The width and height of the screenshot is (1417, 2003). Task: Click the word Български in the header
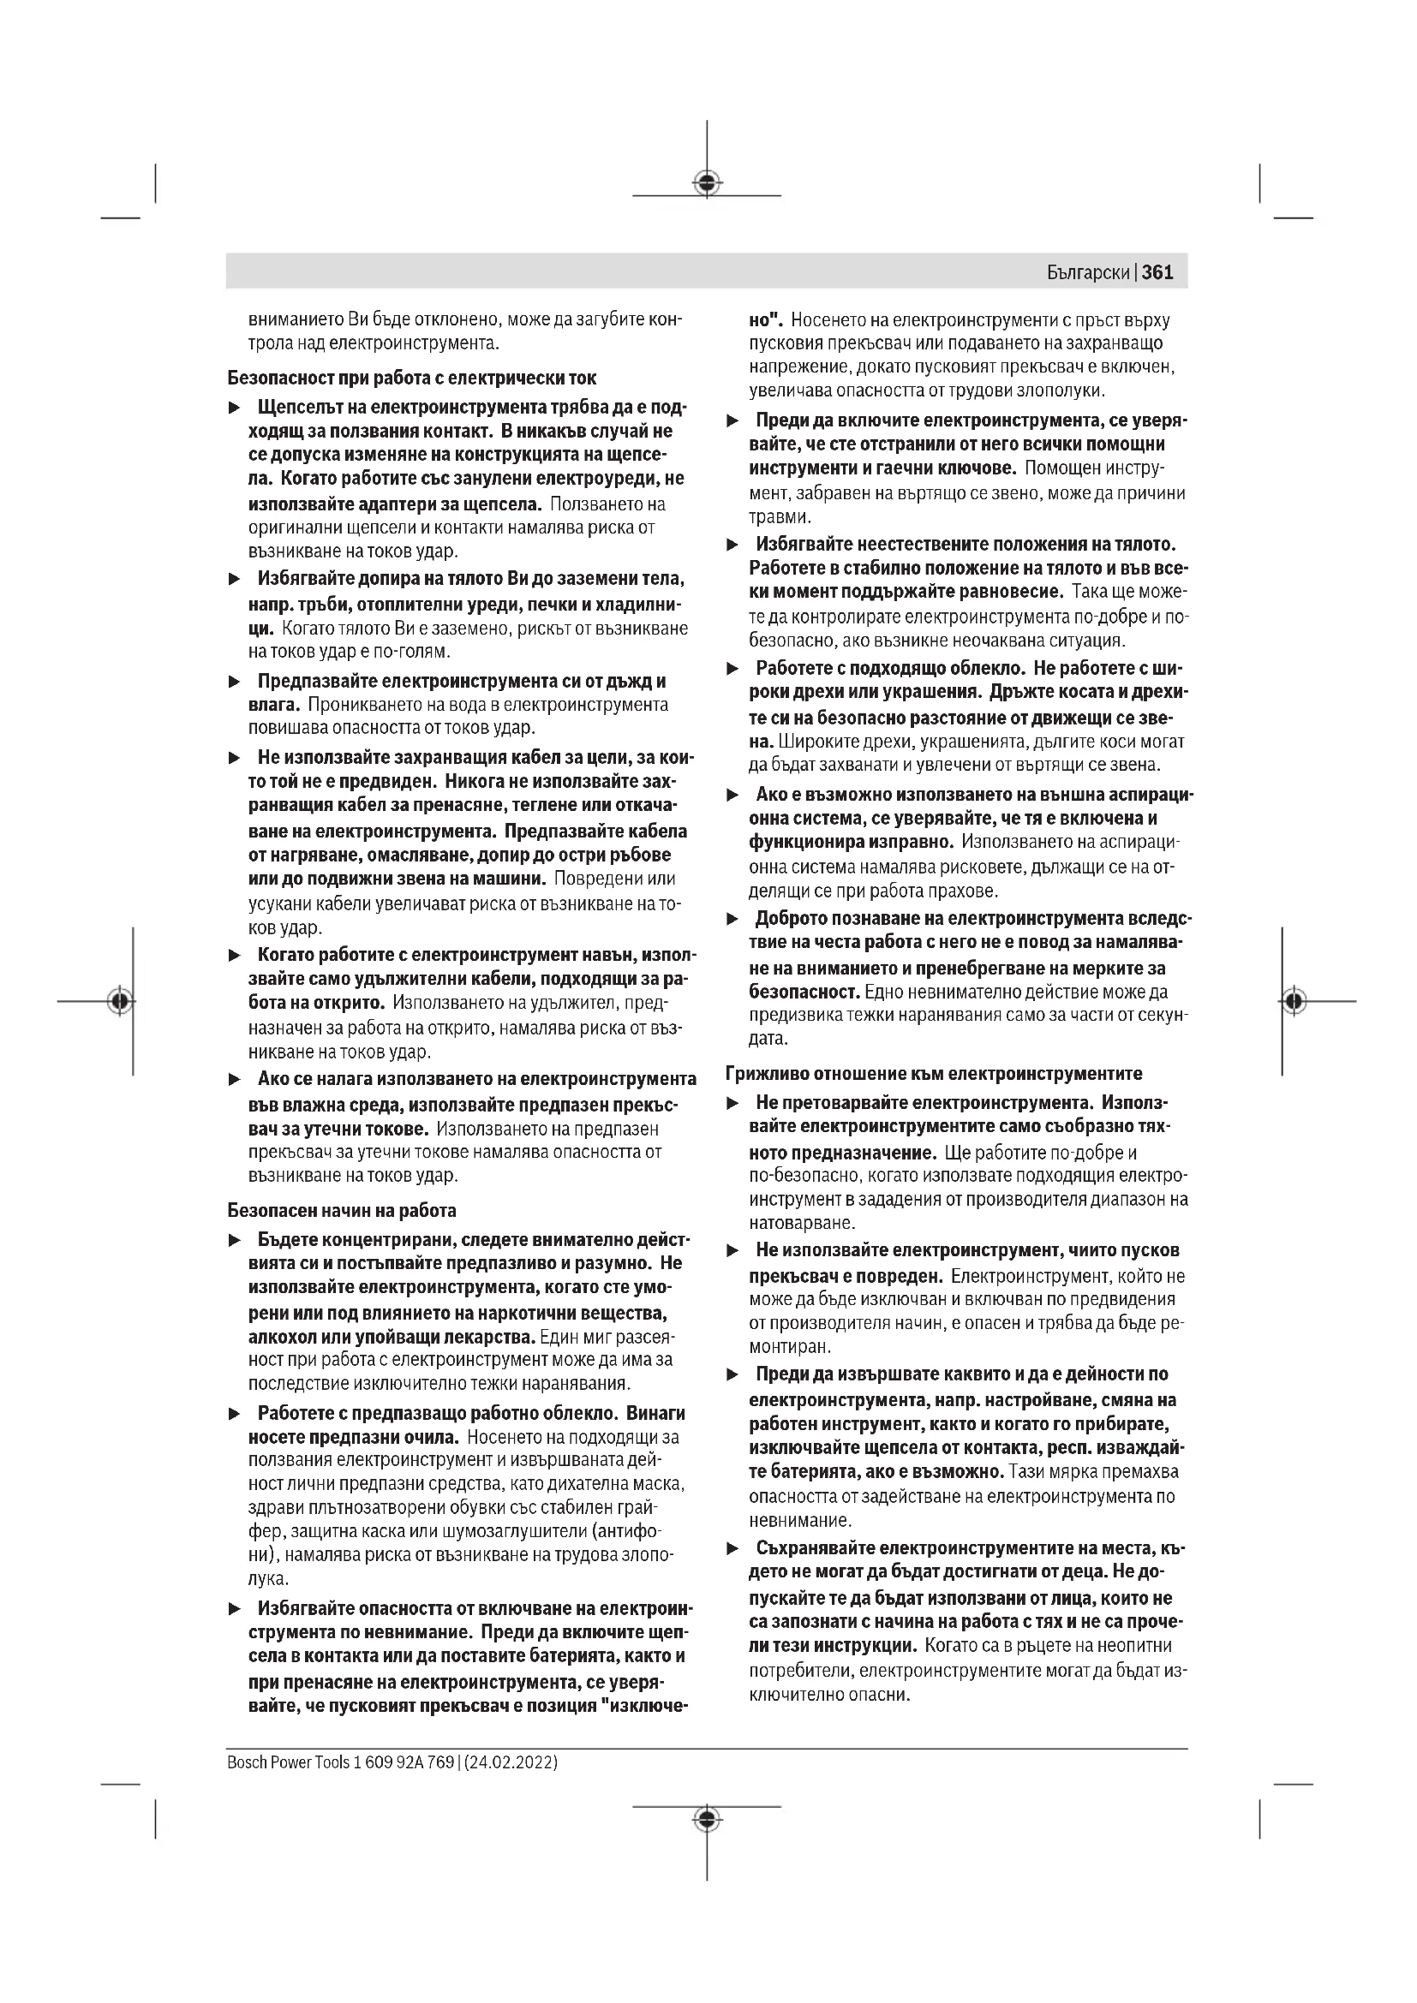(1088, 273)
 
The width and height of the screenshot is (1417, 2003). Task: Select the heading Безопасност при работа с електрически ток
(412, 378)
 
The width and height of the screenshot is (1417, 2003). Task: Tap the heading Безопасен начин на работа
(341, 1210)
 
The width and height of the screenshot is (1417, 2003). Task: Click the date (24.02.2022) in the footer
(511, 1762)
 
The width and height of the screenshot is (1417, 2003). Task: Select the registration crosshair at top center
(707, 182)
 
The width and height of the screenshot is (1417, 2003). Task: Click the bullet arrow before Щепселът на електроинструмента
(234, 408)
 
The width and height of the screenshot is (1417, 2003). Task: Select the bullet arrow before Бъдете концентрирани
(234, 1241)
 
